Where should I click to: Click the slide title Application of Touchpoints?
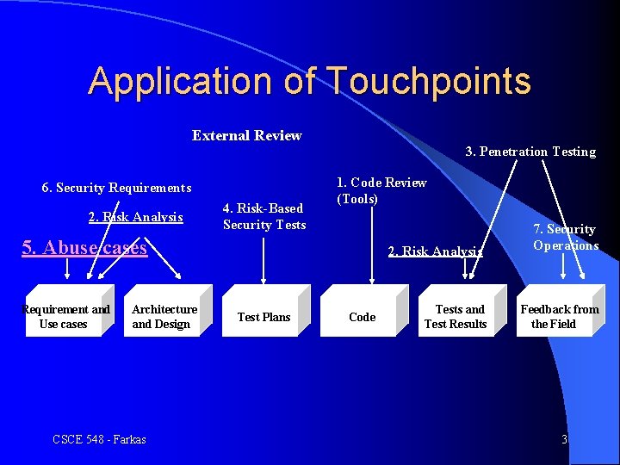[309, 81]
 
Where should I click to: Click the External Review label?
[246, 135]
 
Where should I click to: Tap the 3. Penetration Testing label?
[530, 152]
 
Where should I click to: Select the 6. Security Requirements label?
[116, 188]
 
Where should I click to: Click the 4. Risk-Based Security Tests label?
[263, 216]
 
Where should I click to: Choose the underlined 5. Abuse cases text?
[84, 248]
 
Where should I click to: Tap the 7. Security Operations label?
[565, 237]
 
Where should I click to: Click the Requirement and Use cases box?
[65, 316]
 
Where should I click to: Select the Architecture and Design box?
[165, 316]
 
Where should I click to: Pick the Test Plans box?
[264, 317]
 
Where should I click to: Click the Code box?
[363, 317]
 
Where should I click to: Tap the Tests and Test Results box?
[456, 316]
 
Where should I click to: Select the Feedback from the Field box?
[558, 316]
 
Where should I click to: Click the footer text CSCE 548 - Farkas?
[99, 439]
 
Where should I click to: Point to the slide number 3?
[564, 439]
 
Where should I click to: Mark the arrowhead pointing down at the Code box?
[371, 278]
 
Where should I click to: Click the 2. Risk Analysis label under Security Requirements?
[136, 217]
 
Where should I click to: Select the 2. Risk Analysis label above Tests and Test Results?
[435, 251]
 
